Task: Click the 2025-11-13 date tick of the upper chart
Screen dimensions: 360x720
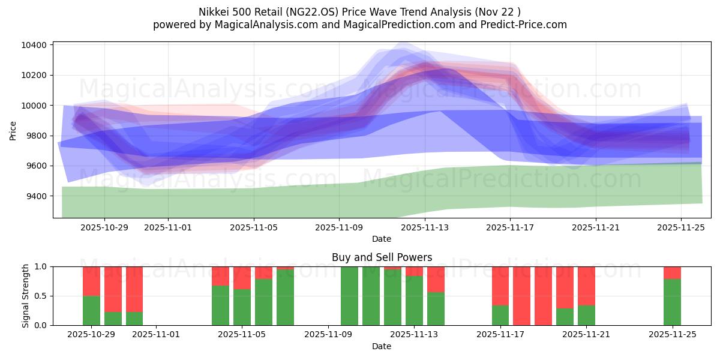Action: (424, 227)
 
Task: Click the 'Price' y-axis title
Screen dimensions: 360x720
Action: (13, 130)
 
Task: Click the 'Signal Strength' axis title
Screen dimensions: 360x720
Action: (25, 296)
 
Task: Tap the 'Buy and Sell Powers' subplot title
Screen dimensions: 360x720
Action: (382, 257)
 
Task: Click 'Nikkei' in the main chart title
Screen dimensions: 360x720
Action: (214, 11)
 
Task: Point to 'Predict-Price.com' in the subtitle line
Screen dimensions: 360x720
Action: (521, 25)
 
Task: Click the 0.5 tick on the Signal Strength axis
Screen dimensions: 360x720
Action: (40, 296)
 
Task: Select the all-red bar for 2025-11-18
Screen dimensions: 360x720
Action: (522, 296)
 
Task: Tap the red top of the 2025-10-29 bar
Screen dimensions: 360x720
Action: (91, 281)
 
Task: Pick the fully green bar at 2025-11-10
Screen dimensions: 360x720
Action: (349, 296)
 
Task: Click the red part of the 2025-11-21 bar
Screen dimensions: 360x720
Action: (586, 286)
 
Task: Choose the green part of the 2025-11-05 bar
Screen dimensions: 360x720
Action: (242, 307)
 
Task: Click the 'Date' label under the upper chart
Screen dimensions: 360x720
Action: (382, 239)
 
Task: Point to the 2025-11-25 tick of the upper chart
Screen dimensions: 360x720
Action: (681, 227)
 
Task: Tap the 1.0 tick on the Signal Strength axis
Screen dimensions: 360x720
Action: (40, 266)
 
